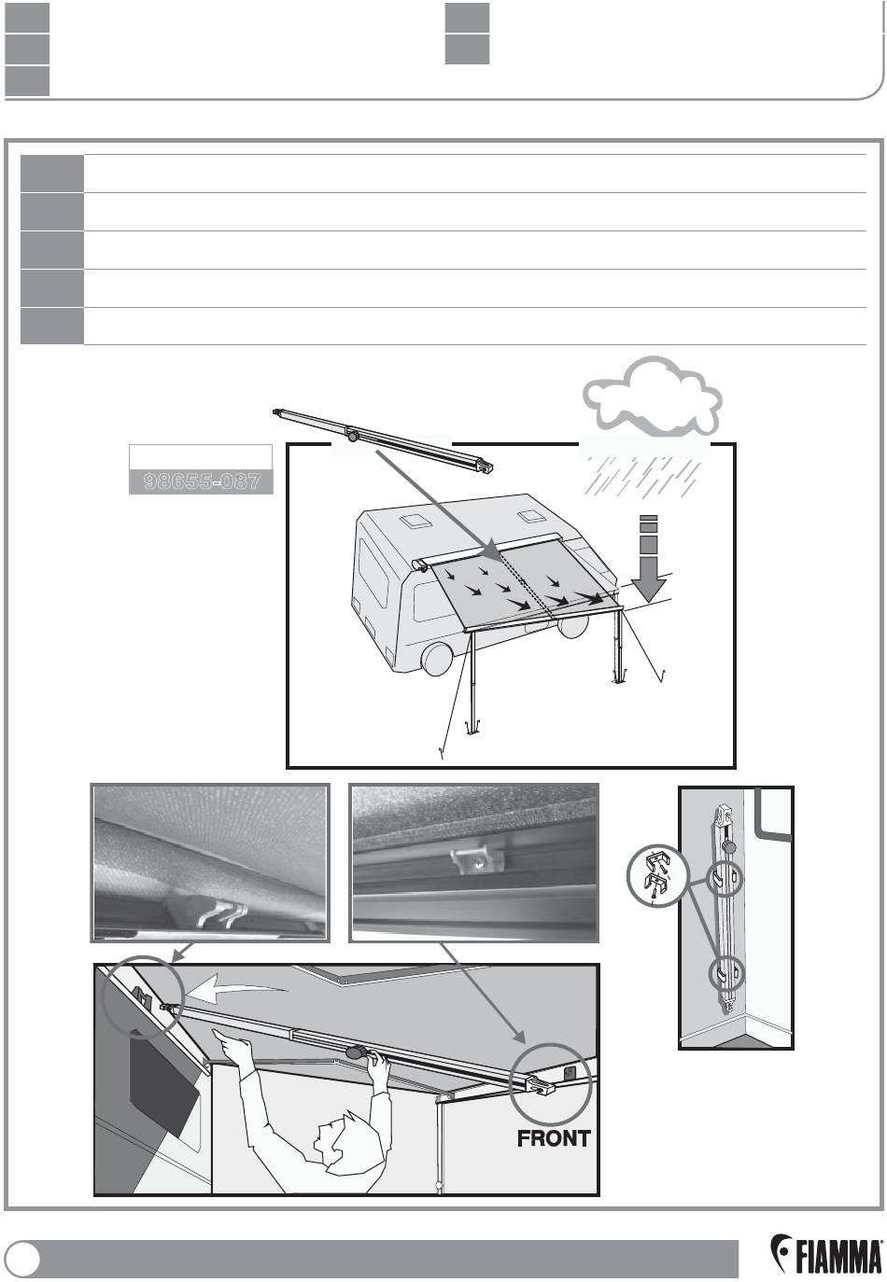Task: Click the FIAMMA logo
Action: pos(826,1256)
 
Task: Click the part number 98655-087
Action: pos(201,481)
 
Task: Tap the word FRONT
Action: pos(554,1138)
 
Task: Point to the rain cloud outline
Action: pos(653,397)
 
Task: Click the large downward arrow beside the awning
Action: pos(650,560)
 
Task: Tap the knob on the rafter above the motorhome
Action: pos(352,435)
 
